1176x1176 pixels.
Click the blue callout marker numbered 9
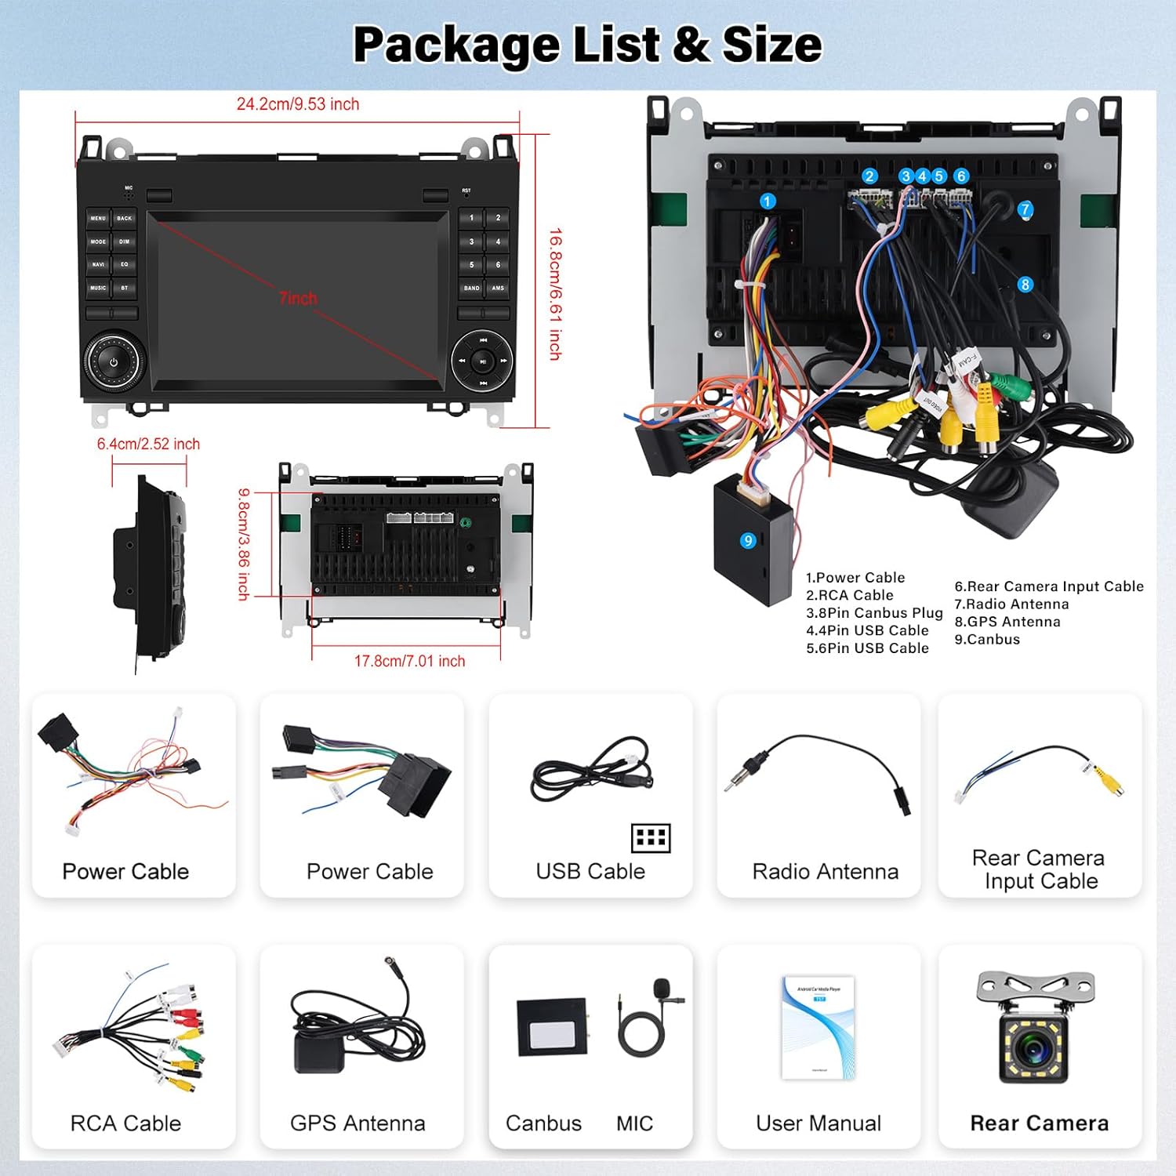pos(748,540)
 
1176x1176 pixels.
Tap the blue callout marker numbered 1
pos(768,201)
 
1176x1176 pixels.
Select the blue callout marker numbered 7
pos(1025,209)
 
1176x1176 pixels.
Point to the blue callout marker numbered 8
pos(1025,285)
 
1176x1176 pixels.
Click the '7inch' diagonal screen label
pos(298,299)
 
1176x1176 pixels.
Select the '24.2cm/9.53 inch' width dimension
pos(298,104)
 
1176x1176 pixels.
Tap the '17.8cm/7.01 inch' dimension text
pos(409,661)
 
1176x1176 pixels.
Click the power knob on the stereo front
pos(114,362)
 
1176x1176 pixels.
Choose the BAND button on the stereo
pos(471,288)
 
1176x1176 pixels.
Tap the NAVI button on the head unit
pos(98,265)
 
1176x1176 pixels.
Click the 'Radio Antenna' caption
pos(825,872)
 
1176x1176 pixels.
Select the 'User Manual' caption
pos(818,1123)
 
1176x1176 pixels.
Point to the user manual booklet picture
pos(818,1027)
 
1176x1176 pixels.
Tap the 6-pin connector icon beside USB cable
pos(651,838)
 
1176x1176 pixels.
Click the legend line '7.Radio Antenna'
pos(1011,604)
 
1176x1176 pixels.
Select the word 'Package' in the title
pos(456,45)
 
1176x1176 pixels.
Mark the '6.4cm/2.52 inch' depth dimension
pos(148,445)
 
